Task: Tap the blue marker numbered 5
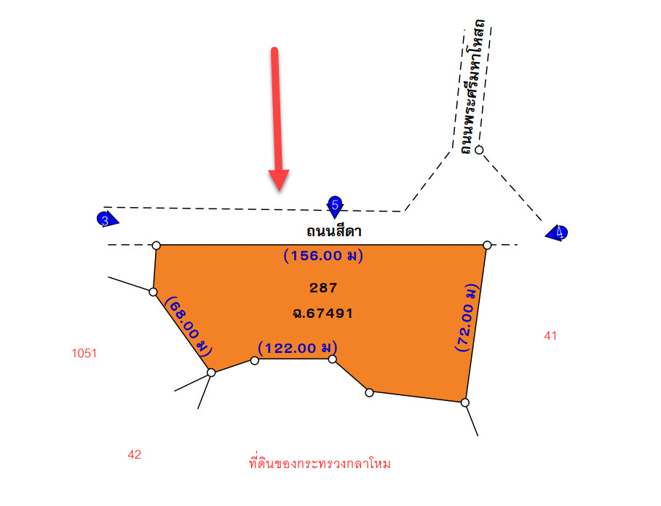335,206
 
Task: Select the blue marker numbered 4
558,233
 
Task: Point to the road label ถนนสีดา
334,231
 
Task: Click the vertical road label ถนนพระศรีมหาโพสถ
472,87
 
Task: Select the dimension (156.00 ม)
323,255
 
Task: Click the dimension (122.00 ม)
298,348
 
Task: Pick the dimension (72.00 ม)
467,318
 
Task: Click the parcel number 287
323,288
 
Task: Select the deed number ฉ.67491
323,313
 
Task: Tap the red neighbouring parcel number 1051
84,353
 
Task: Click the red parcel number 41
550,336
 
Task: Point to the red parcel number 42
135,454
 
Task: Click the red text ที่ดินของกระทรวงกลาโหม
320,463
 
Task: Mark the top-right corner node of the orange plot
487,245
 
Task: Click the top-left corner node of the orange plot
156,246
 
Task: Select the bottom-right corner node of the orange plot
464,402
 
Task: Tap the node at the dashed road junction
479,149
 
